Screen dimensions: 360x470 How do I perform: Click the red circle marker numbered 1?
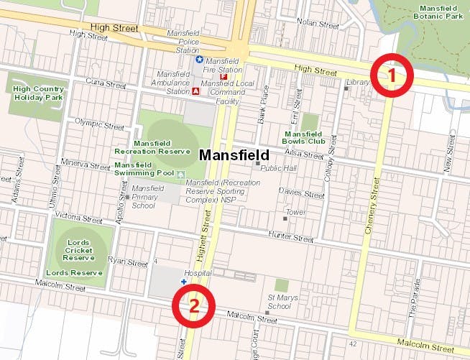click(x=390, y=74)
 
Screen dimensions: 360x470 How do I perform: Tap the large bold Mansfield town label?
click(x=234, y=154)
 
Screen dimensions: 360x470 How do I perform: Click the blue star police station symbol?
click(x=200, y=60)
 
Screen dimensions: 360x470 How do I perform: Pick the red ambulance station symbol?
click(x=196, y=91)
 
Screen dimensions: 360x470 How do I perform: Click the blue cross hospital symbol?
click(x=183, y=282)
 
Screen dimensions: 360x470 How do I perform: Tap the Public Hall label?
click(x=278, y=168)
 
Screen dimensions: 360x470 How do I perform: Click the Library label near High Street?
click(x=357, y=83)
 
